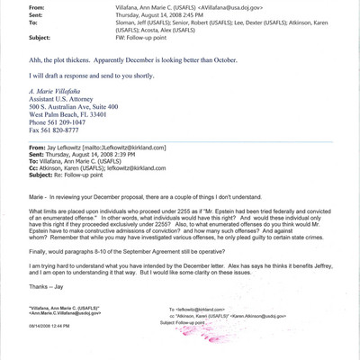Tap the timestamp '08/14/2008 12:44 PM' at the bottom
click(x=41, y=349)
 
